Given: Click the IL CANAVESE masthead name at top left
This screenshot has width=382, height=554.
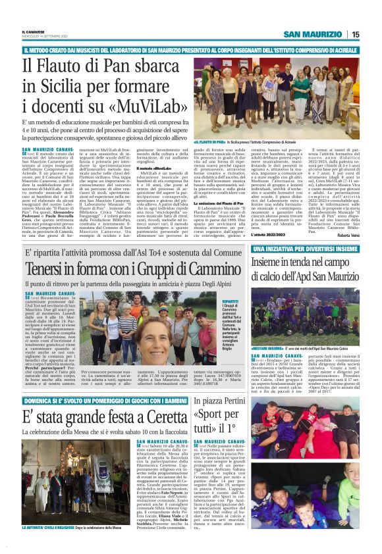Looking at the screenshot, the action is pyautogui.click(x=34, y=31).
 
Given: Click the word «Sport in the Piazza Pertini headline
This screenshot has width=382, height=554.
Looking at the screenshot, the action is pyautogui.click(x=211, y=415).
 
